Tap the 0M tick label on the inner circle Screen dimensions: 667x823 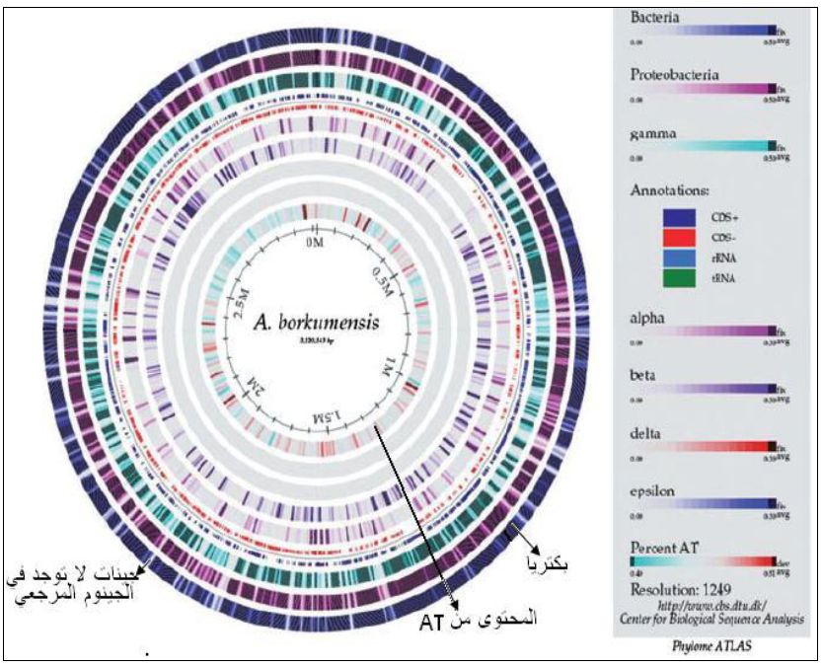coord(314,242)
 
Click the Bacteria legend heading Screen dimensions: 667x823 coord(655,17)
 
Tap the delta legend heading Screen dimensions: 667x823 coord(649,432)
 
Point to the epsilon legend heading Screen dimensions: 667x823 coord(656,487)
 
